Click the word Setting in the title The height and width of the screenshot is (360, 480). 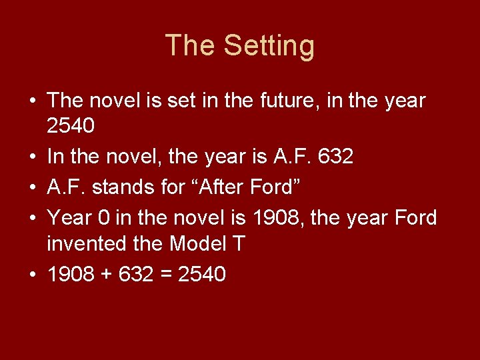pos(269,46)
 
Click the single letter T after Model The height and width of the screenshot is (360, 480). pos(239,244)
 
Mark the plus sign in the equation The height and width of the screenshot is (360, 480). pos(107,275)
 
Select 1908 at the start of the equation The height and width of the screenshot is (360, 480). pos(71,274)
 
